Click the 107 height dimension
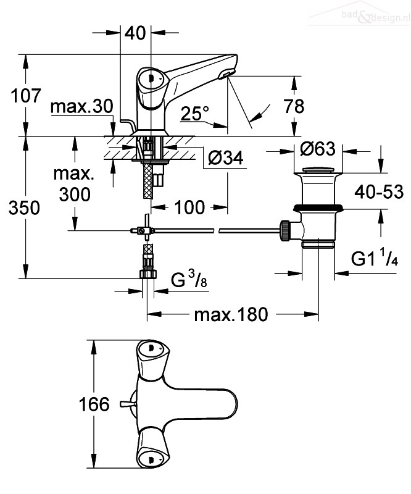(x=26, y=96)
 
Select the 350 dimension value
(x=24, y=208)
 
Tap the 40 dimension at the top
(x=135, y=33)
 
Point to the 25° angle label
(x=194, y=114)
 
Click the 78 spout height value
(x=294, y=106)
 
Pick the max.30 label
(x=81, y=106)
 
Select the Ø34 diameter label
(x=226, y=157)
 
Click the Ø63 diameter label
(x=317, y=149)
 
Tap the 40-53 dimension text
(x=379, y=191)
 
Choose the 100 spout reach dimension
(x=189, y=207)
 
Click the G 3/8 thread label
(x=189, y=279)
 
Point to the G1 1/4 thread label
(x=375, y=257)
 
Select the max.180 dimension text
(x=231, y=314)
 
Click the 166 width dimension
(x=94, y=404)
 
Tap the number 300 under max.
(x=75, y=195)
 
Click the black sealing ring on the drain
(x=318, y=208)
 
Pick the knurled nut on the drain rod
(x=284, y=231)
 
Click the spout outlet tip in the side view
(x=227, y=74)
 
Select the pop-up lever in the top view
(x=128, y=404)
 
